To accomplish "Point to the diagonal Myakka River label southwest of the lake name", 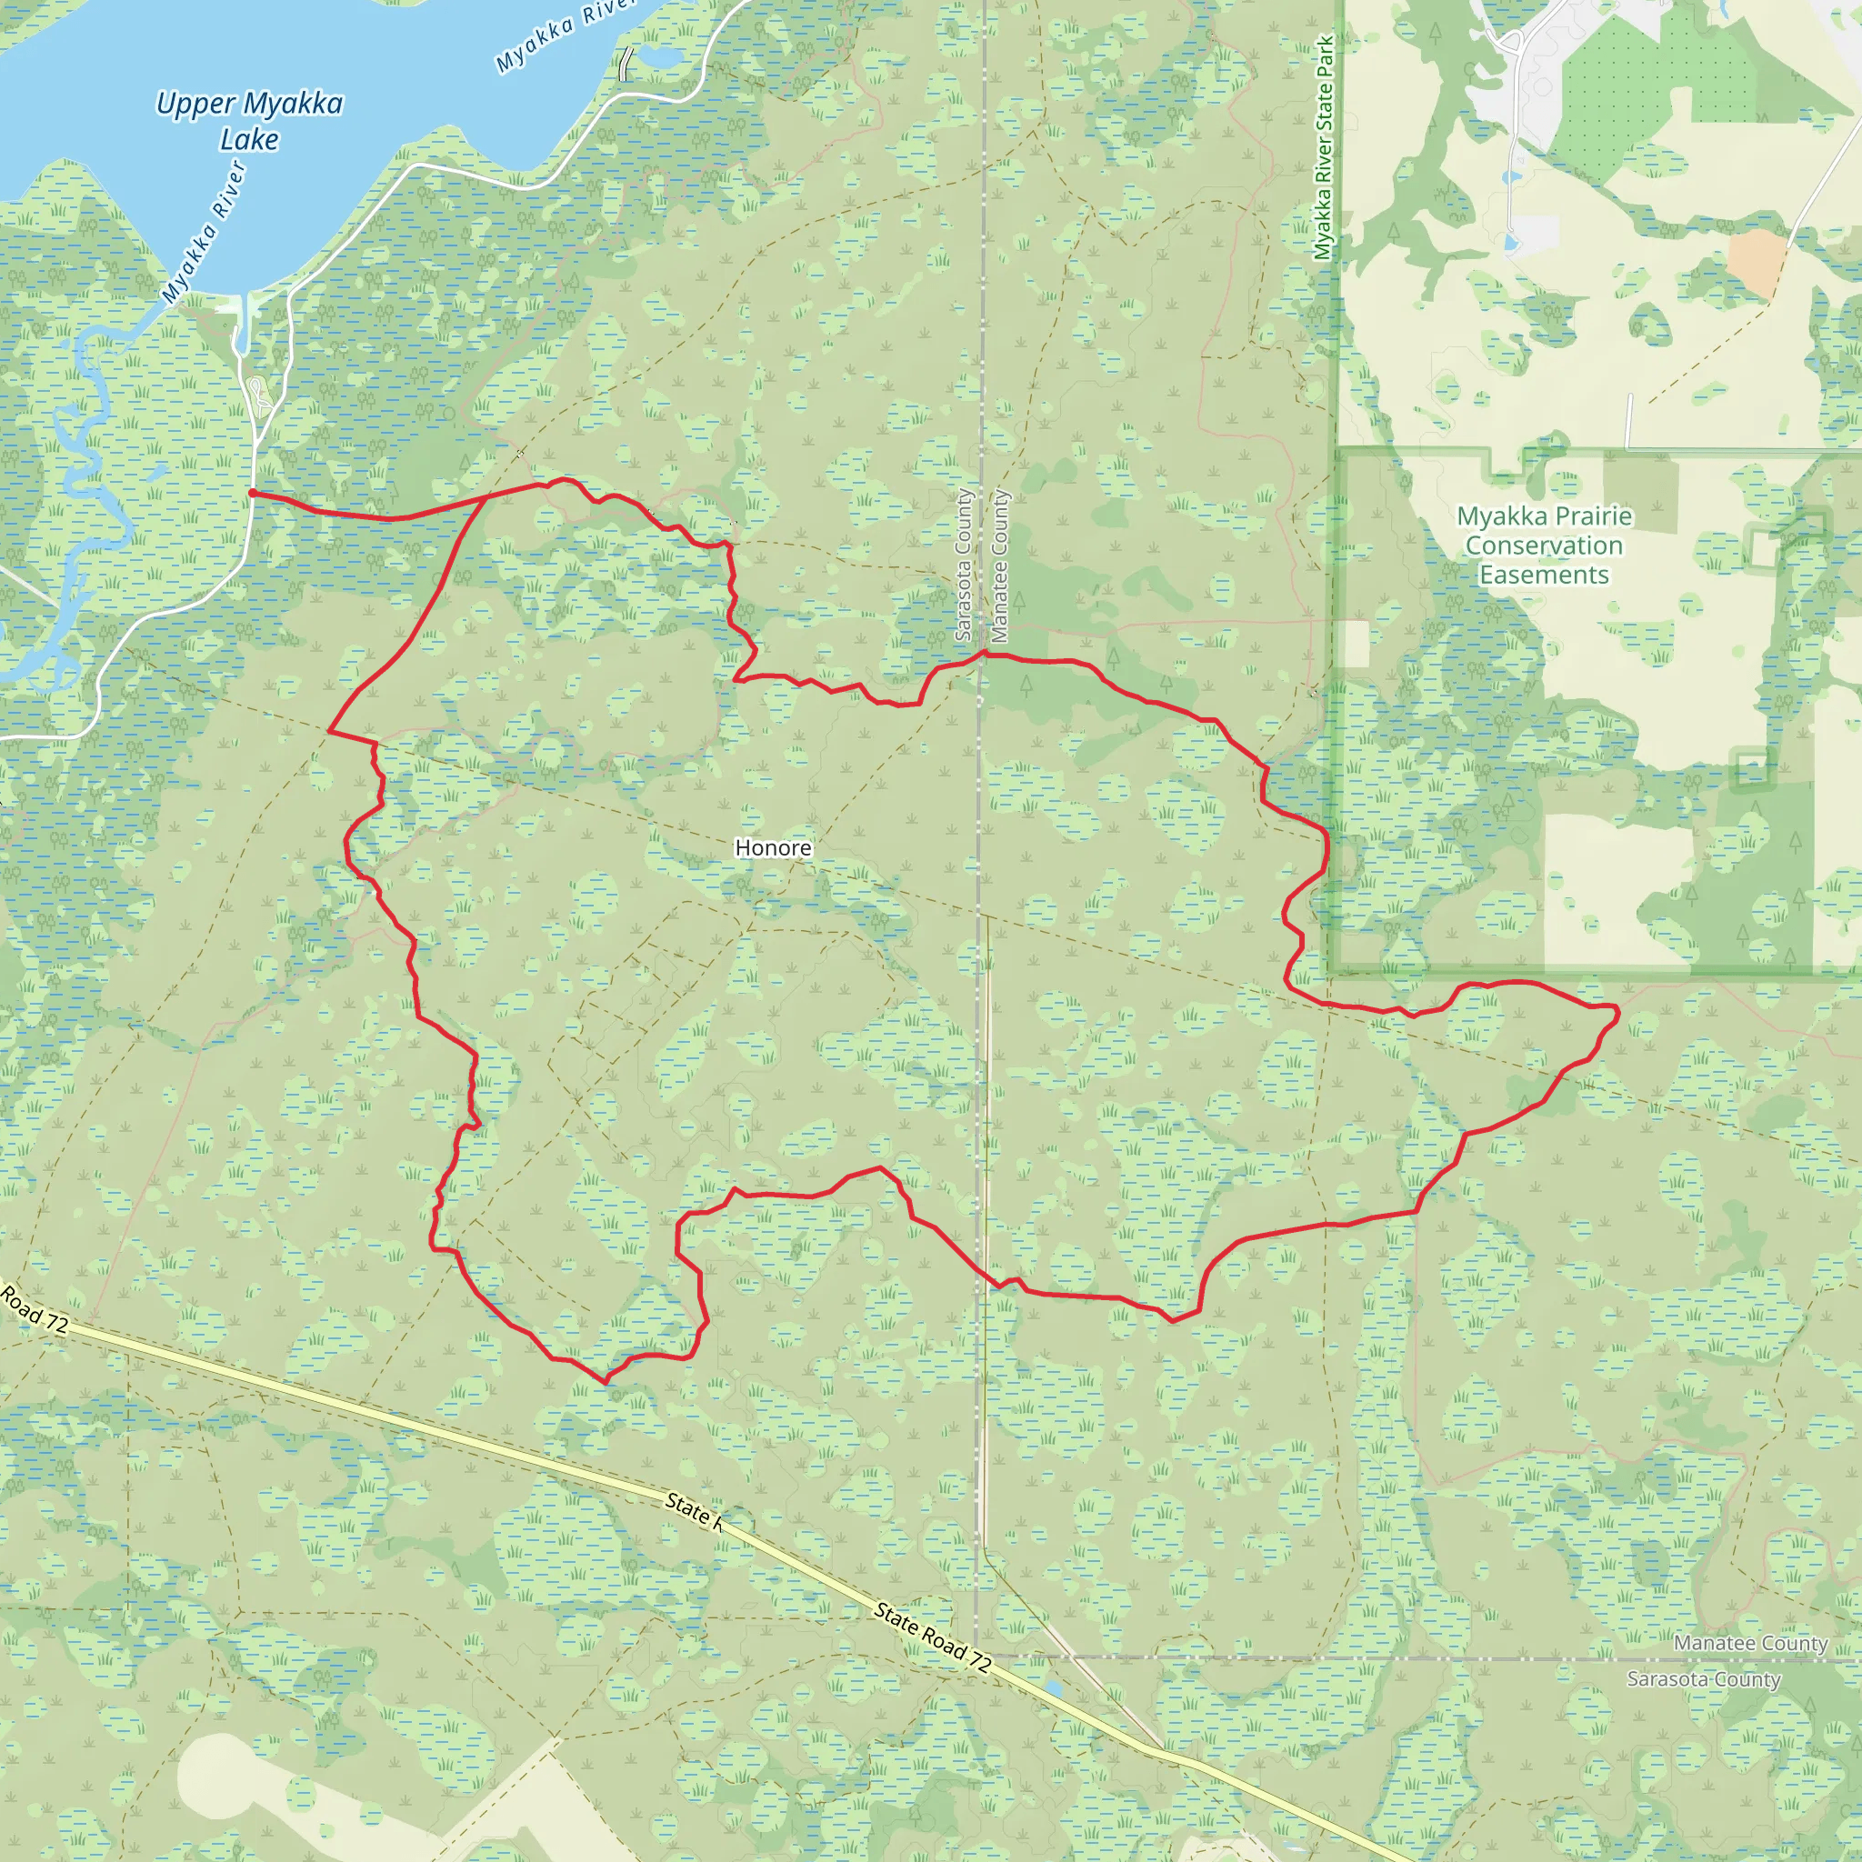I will tap(205, 232).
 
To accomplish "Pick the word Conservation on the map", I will tap(1544, 546).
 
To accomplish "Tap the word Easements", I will tap(1544, 576).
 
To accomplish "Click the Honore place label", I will tap(773, 848).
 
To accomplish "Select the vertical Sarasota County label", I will tap(963, 566).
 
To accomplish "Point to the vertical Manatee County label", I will tap(999, 566).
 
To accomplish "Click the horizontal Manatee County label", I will tap(1750, 1643).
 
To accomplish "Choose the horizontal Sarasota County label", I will tap(1703, 1679).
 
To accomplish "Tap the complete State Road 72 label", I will tap(932, 1637).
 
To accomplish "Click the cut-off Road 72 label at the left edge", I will tap(35, 1309).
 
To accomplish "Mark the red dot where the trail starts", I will tap(253, 494).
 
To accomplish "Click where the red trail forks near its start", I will tap(485, 499).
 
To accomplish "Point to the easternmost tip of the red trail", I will tap(1618, 1011).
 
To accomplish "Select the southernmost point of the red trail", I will tap(606, 1382).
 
